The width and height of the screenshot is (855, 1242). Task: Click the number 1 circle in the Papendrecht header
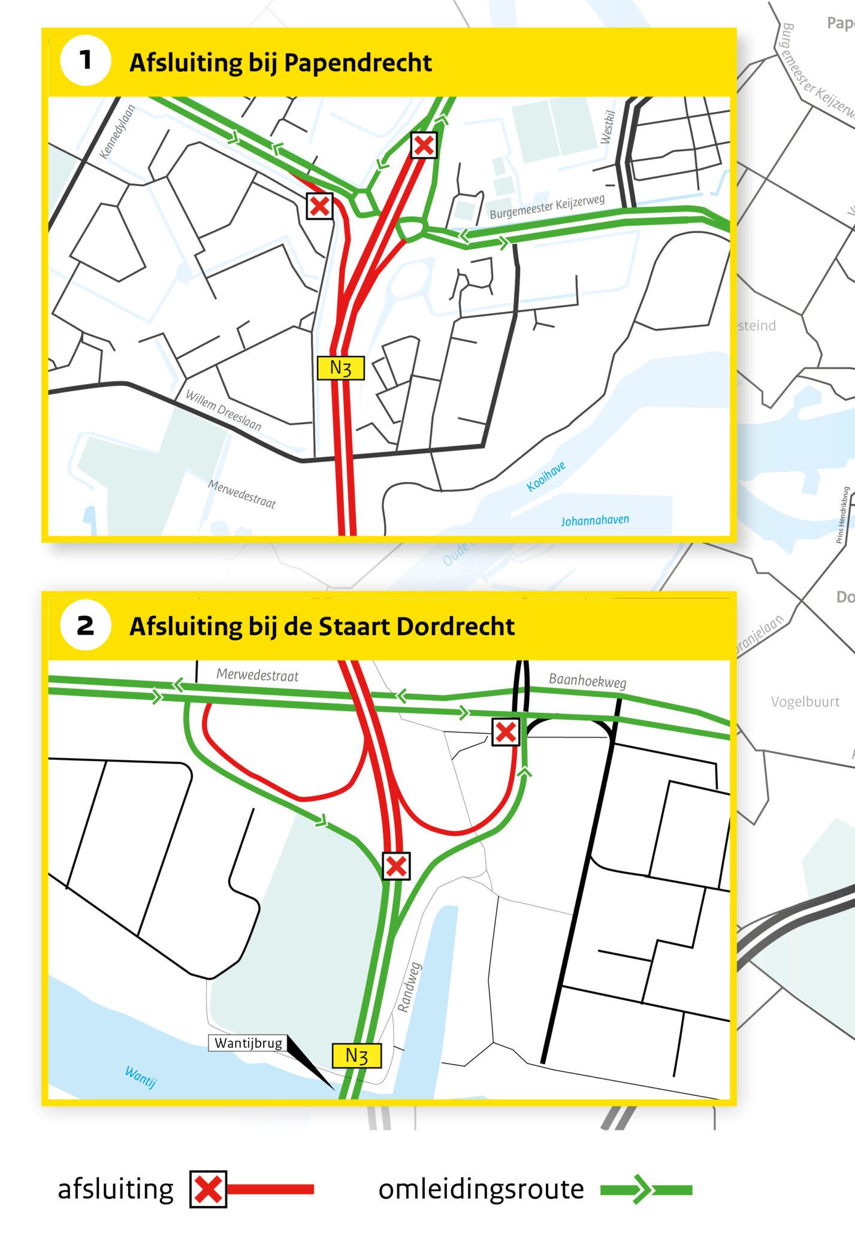pyautogui.click(x=86, y=61)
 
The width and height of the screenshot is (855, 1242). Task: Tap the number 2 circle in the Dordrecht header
pyautogui.click(x=86, y=625)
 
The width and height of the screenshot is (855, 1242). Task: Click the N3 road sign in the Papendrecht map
pyautogui.click(x=340, y=367)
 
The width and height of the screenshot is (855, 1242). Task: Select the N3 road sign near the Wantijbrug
pyautogui.click(x=356, y=1055)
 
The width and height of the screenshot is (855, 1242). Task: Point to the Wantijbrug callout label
pyautogui.click(x=248, y=1043)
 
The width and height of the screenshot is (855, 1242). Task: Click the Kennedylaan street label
pyautogui.click(x=117, y=132)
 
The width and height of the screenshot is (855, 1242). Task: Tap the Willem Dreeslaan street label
pyautogui.click(x=223, y=410)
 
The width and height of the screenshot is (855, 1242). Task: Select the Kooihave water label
pyautogui.click(x=546, y=477)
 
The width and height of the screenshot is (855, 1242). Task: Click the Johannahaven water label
pyautogui.click(x=595, y=520)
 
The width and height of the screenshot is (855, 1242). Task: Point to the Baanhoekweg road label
pyautogui.click(x=587, y=681)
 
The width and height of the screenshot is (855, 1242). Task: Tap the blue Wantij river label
pyautogui.click(x=141, y=1077)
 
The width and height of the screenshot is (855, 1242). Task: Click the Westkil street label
pyautogui.click(x=608, y=127)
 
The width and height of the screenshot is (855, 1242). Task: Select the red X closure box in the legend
pyautogui.click(x=208, y=1189)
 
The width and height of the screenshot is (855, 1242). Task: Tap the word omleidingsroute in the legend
pyautogui.click(x=481, y=1189)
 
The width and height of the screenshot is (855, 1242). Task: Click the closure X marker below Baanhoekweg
pyautogui.click(x=506, y=732)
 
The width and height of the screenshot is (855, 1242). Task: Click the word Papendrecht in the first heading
pyautogui.click(x=358, y=62)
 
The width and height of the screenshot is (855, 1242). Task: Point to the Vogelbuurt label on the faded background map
pyautogui.click(x=805, y=702)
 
